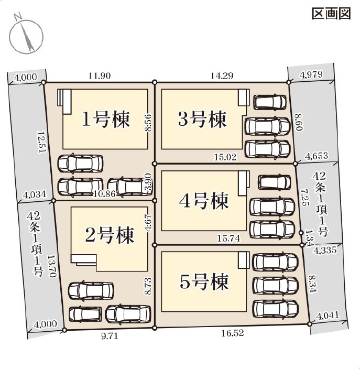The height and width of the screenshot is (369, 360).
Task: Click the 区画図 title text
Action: (331, 14)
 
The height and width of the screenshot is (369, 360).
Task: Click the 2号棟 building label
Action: (110, 234)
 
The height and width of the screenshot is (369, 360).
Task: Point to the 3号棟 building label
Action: (202, 120)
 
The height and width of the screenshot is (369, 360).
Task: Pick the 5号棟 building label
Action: (204, 283)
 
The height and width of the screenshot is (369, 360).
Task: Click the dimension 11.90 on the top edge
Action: (99, 75)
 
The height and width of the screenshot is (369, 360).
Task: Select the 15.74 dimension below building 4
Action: (228, 238)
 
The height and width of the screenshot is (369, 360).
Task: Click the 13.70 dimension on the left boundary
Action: (51, 267)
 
